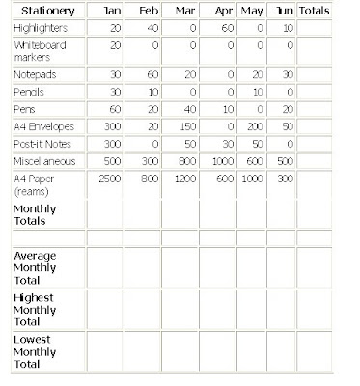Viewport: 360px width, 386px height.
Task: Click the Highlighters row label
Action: coord(45,28)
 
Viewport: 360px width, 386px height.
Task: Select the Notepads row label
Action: coord(37,74)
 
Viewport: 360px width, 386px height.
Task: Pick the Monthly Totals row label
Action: coord(36,214)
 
